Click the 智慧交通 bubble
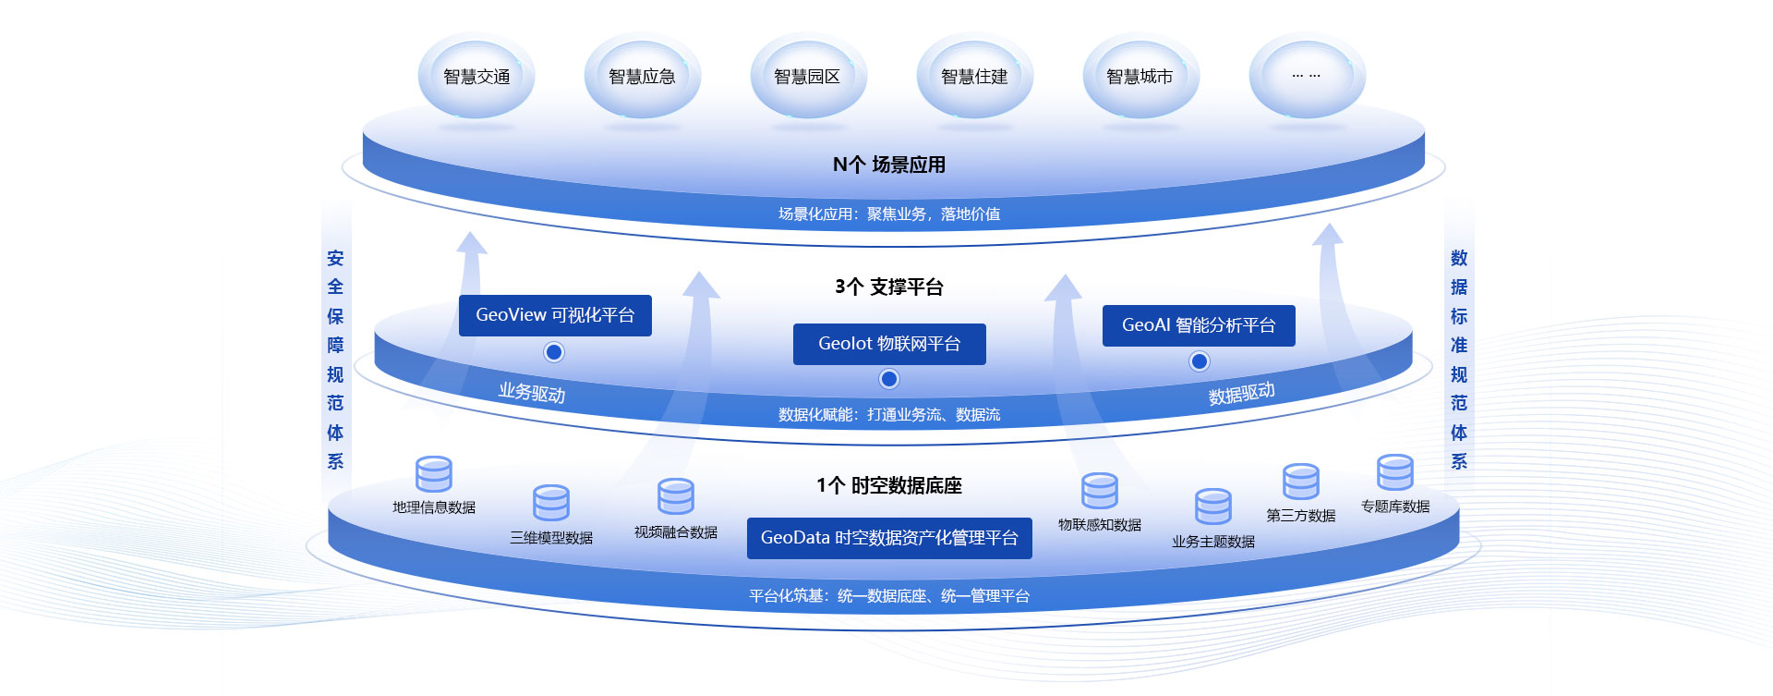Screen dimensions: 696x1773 click(476, 77)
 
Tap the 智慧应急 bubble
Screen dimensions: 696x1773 click(642, 77)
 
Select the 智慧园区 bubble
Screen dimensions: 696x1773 click(808, 77)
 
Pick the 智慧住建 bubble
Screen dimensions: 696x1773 click(974, 77)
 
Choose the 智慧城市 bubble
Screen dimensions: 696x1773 click(1140, 77)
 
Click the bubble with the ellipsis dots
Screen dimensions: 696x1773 click(1307, 76)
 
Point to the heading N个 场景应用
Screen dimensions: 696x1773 click(889, 165)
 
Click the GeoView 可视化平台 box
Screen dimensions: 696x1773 click(555, 315)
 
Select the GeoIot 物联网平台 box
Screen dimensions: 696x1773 click(889, 344)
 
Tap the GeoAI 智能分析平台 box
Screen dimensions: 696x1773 click(1199, 325)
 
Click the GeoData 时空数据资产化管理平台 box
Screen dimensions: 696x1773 click(889, 538)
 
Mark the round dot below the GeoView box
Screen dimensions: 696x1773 click(554, 352)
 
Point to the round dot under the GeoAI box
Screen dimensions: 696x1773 click(1199, 361)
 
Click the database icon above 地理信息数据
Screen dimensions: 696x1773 click(434, 474)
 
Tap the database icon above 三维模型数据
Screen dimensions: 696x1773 click(551, 504)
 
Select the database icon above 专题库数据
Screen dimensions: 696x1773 click(1394, 472)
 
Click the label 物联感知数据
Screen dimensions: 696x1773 click(1100, 525)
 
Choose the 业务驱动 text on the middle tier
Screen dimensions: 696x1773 click(532, 392)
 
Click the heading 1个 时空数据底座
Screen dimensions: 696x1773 click(889, 485)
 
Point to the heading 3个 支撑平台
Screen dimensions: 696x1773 click(889, 287)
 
